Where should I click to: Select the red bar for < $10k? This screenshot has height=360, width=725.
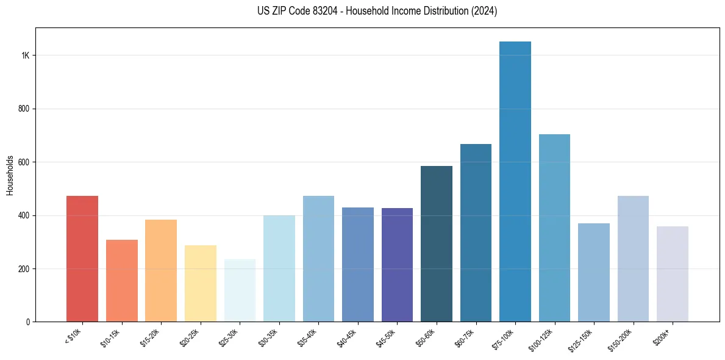click(82, 259)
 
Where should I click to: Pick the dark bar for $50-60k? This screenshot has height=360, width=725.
click(436, 244)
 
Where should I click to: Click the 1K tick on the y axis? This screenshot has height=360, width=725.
click(25, 56)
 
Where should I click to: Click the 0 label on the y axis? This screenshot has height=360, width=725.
click(27, 322)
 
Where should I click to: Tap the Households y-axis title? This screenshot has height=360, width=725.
click(10, 175)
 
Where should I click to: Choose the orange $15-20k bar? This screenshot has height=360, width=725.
click(161, 271)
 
